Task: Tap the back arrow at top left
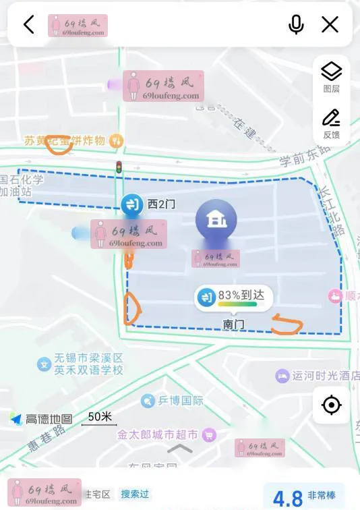click(x=28, y=25)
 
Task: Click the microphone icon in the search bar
click(x=296, y=25)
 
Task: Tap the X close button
click(x=330, y=25)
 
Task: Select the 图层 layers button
click(x=331, y=77)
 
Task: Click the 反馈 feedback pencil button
click(x=331, y=123)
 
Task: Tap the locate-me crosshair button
click(x=331, y=405)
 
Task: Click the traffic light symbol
click(x=119, y=168)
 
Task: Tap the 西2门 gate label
click(x=161, y=204)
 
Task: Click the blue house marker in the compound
click(x=216, y=220)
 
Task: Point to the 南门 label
click(x=233, y=324)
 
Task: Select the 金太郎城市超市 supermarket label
click(x=158, y=435)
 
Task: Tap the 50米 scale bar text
click(x=100, y=417)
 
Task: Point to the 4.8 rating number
click(x=288, y=498)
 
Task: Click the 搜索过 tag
click(x=135, y=494)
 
